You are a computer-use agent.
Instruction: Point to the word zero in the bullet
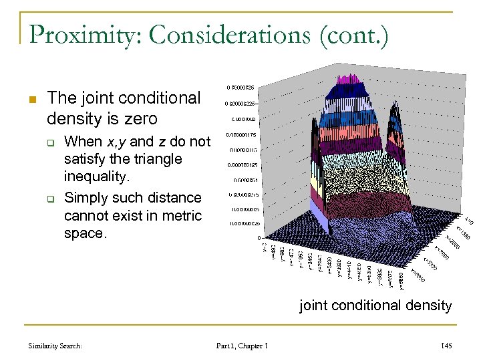pos(141,119)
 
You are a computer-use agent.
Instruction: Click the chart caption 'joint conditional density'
pos(376,306)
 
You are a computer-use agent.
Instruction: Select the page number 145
pos(446,346)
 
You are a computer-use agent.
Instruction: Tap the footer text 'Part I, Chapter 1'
pos(242,346)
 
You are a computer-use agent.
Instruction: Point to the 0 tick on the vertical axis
pos(259,238)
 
